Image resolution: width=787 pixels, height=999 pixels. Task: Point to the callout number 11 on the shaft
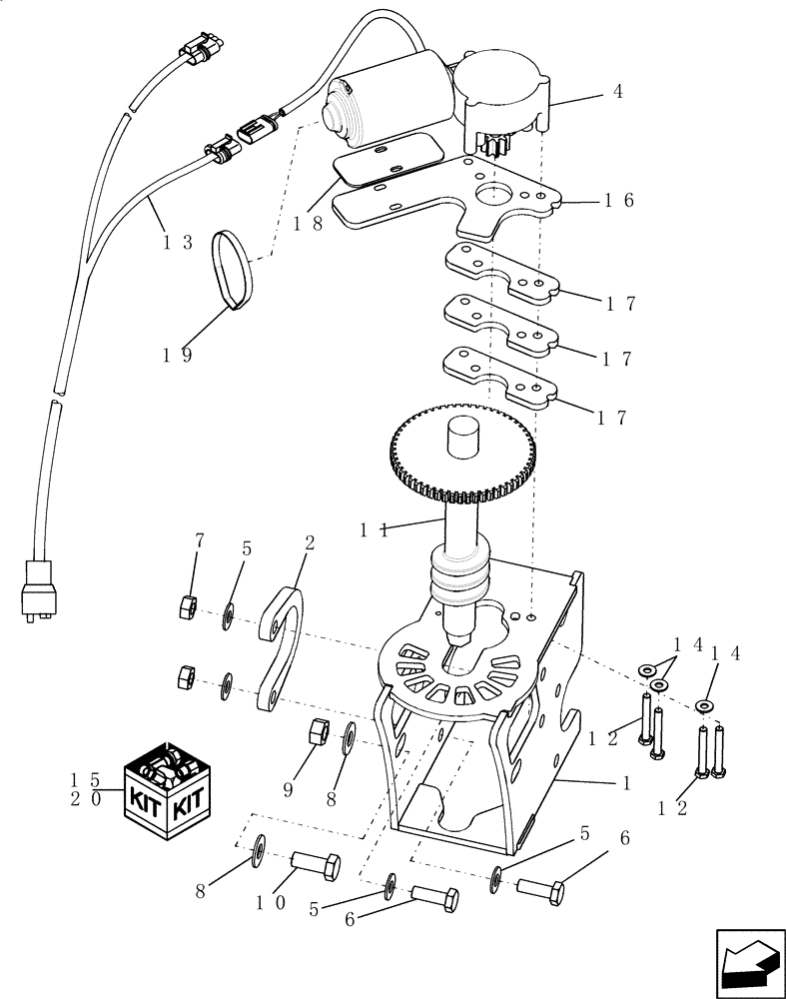tap(376, 530)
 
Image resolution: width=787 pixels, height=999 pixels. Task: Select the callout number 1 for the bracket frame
tap(625, 785)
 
